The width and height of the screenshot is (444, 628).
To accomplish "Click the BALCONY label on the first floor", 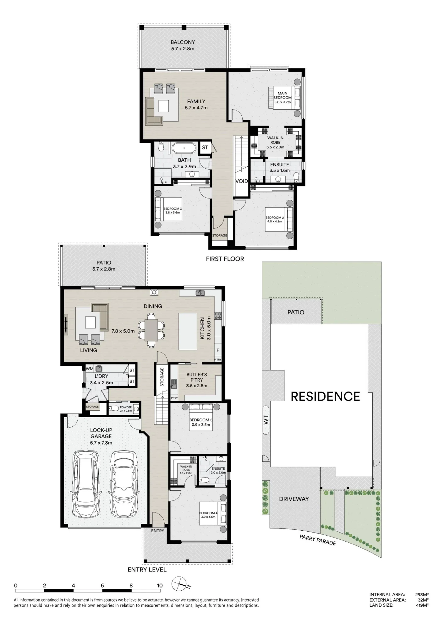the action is pyautogui.click(x=183, y=42).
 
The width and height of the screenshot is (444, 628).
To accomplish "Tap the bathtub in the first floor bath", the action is pyautogui.click(x=184, y=148).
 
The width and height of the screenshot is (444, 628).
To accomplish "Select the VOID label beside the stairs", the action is pyautogui.click(x=242, y=181).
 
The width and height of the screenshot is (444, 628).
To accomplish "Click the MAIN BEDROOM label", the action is pyautogui.click(x=282, y=95).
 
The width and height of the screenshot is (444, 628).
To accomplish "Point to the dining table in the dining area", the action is pyautogui.click(x=151, y=330).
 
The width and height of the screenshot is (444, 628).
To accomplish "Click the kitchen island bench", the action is pyautogui.click(x=188, y=331).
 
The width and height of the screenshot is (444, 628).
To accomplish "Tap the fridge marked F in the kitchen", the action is pyautogui.click(x=218, y=350).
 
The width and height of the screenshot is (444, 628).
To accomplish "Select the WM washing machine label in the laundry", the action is pyautogui.click(x=90, y=369).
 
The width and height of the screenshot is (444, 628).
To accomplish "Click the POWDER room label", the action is pyautogui.click(x=126, y=407).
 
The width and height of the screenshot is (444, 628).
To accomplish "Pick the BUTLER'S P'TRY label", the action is pyautogui.click(x=197, y=377).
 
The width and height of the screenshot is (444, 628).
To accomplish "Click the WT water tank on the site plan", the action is pyautogui.click(x=266, y=420).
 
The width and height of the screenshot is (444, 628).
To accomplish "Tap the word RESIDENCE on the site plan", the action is pyautogui.click(x=325, y=397).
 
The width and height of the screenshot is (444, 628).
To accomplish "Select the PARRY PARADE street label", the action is pyautogui.click(x=318, y=540).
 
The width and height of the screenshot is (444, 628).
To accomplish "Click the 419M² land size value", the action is pyautogui.click(x=422, y=605).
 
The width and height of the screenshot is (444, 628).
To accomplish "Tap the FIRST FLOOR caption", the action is pyautogui.click(x=225, y=259).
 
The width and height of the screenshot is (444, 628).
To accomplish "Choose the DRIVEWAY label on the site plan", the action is pyautogui.click(x=294, y=499).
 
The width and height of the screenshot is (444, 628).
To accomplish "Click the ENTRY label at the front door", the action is pyautogui.click(x=158, y=531).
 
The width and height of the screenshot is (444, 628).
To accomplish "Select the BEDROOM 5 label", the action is pyautogui.click(x=201, y=420).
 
